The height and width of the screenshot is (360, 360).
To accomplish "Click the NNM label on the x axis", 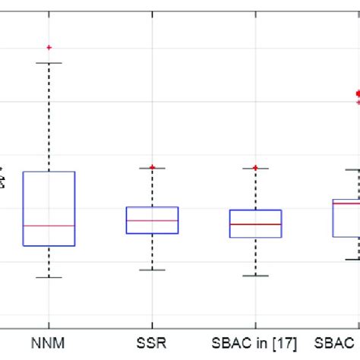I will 49,343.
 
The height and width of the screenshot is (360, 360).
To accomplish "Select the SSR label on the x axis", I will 152,343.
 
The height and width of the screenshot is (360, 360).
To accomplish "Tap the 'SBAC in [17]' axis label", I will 256,343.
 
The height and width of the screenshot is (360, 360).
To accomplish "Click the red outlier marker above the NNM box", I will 49,47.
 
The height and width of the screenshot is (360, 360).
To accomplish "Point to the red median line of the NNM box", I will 49,226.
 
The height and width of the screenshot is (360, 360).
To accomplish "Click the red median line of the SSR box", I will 152,220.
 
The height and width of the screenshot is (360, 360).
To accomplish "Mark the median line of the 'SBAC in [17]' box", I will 256,224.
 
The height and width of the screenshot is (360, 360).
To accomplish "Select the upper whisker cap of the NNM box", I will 49,63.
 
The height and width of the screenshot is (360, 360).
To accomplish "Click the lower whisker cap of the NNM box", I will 49,277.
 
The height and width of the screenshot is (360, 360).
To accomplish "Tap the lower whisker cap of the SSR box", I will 152,270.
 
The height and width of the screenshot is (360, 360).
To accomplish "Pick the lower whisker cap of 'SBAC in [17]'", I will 256,275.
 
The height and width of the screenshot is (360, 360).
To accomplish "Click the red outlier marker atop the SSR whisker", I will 152,167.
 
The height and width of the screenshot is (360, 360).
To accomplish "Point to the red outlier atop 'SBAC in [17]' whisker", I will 256,167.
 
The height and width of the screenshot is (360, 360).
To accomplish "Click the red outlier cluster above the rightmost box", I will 357,96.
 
